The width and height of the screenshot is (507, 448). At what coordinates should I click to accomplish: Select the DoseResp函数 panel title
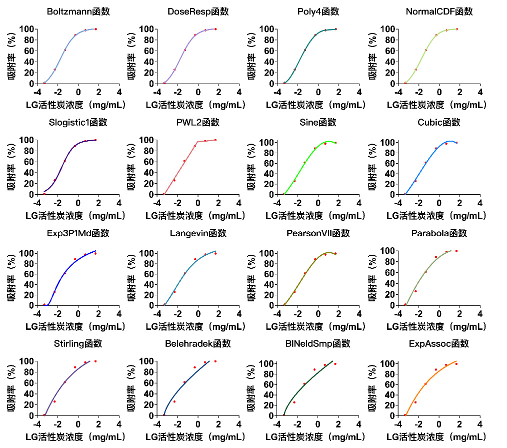pos(198,12)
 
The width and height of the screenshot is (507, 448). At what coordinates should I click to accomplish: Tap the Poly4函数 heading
pos(318,12)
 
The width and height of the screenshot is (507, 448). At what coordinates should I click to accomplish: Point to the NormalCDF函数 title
pos(439,12)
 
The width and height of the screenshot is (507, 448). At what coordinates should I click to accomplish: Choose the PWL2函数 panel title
pos(198,122)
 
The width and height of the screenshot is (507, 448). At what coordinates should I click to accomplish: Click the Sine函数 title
pos(318,122)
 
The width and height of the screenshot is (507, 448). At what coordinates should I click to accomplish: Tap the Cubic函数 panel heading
pos(439,122)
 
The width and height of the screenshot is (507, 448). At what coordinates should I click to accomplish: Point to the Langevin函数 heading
pos(198,233)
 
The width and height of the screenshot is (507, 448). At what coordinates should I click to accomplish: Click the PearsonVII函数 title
pos(318,233)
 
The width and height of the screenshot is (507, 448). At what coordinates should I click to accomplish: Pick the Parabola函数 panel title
pos(439,233)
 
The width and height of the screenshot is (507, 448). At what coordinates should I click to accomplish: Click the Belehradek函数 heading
pos(198,344)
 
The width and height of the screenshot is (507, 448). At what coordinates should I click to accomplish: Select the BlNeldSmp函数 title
pos(318,344)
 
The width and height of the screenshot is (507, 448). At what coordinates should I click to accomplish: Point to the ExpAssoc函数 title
pos(439,344)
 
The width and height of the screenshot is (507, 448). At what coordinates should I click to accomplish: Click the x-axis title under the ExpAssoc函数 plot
pos(436,437)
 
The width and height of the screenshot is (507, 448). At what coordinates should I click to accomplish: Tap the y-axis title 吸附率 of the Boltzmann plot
pos(11,56)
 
